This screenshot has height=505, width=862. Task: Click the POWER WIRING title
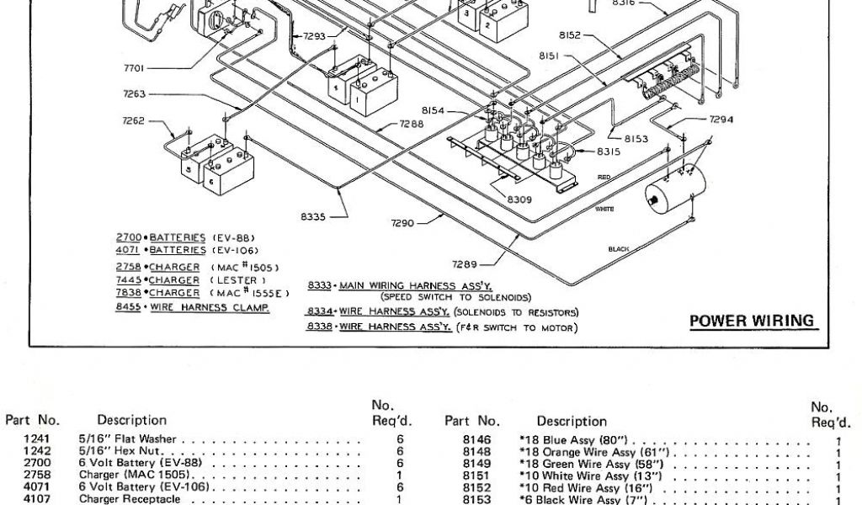click(752, 321)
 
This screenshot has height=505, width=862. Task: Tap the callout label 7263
click(135, 94)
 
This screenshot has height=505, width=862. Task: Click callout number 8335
click(312, 216)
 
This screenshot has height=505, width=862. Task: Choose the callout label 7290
click(403, 223)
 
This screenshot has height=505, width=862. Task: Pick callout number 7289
click(464, 263)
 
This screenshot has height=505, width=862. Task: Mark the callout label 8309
click(519, 199)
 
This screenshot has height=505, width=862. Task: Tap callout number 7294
click(721, 120)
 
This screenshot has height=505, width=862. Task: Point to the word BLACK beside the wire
click(619, 249)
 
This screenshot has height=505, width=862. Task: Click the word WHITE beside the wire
click(604, 208)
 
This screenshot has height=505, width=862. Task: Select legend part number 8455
click(128, 308)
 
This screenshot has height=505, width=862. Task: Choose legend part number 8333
click(320, 285)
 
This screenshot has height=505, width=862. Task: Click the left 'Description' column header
click(131, 420)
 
